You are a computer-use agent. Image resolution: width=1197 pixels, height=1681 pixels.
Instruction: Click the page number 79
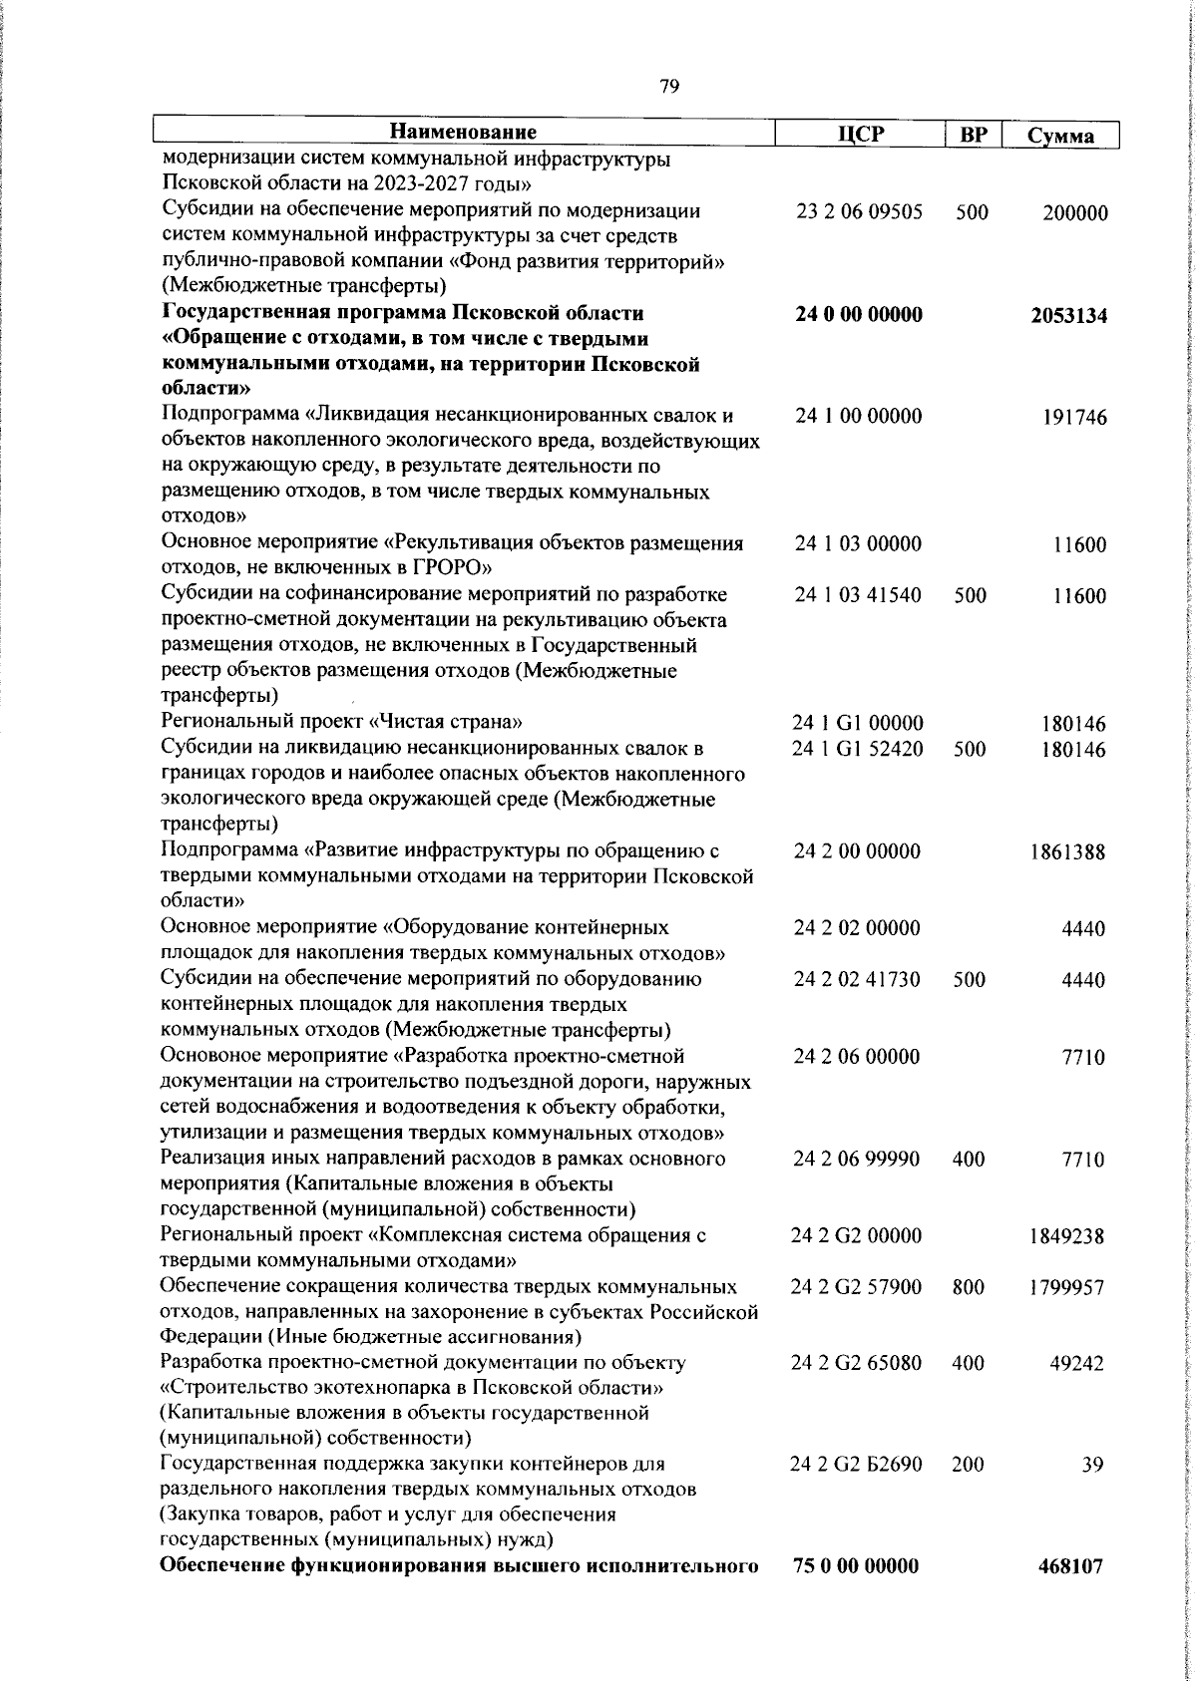[669, 87]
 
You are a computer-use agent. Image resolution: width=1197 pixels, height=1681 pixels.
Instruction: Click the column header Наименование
[464, 132]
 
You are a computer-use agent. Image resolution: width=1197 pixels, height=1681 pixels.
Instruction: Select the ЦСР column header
[860, 134]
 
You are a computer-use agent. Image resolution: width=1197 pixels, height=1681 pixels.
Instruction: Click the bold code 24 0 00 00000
[859, 315]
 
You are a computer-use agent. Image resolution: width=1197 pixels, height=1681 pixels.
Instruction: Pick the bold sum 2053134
[1068, 316]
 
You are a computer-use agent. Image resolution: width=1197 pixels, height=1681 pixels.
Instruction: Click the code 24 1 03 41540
[858, 596]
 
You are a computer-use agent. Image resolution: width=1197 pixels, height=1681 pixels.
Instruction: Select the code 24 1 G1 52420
[858, 749]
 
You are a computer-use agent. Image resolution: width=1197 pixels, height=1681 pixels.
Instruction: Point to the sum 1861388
[1067, 852]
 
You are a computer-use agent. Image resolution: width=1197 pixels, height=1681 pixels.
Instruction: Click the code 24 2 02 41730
[858, 979]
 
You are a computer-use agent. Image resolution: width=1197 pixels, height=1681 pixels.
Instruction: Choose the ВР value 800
[969, 1287]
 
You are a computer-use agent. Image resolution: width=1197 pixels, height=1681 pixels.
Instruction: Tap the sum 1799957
[1067, 1287]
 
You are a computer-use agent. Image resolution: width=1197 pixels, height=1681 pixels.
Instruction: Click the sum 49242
[1077, 1364]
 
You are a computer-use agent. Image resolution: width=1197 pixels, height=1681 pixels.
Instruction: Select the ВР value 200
[969, 1465]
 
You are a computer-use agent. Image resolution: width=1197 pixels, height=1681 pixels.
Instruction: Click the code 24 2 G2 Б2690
[856, 1465]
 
